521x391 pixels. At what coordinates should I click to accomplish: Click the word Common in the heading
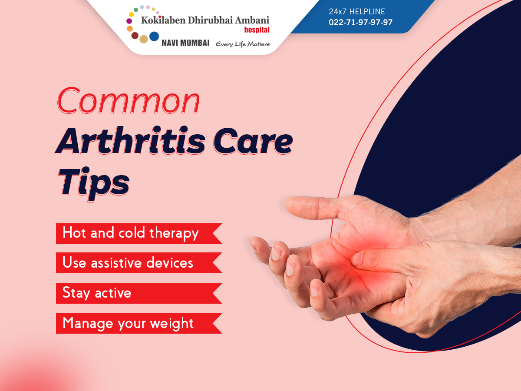[x=128, y=101]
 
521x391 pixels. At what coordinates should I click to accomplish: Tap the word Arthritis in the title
[x=130, y=140]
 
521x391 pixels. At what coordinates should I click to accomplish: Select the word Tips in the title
[x=94, y=183]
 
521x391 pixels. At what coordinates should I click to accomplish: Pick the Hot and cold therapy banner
[x=139, y=233]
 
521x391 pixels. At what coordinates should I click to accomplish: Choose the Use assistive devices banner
[x=139, y=262]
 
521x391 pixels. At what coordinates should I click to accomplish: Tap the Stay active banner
[x=139, y=293]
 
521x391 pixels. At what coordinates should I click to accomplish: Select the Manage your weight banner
[x=139, y=323]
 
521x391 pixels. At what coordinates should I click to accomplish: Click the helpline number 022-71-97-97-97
[x=360, y=22]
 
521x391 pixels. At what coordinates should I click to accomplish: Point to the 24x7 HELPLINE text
[x=357, y=11]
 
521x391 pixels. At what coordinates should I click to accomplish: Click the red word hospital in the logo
[x=257, y=30]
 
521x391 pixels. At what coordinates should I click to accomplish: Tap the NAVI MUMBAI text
[x=185, y=43]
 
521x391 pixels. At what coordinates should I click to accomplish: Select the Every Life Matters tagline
[x=243, y=44]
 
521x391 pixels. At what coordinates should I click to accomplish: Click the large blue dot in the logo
[x=154, y=36]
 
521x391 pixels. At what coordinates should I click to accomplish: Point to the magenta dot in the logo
[x=129, y=21]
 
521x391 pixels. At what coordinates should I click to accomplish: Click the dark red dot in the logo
[x=135, y=36]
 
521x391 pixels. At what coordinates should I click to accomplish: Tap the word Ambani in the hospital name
[x=252, y=20]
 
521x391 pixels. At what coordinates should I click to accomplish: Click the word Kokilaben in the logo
[x=163, y=20]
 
